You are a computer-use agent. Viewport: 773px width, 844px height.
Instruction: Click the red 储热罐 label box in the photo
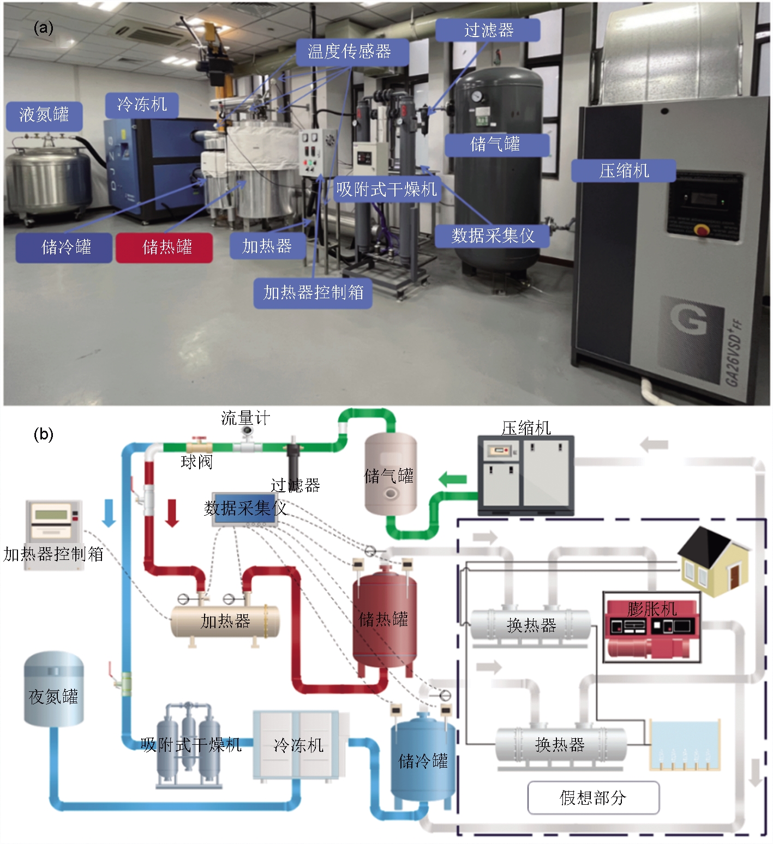coord(164,248)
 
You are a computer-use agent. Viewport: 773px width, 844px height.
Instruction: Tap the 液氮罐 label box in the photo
coord(44,116)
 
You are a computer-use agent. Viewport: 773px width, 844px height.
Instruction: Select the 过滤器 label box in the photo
coord(488,31)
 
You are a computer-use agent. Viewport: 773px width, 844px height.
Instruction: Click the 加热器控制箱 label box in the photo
coord(313,293)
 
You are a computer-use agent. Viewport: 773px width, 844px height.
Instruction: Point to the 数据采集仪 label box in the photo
coord(492,236)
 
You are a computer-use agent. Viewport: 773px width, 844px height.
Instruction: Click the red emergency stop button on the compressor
coord(702,229)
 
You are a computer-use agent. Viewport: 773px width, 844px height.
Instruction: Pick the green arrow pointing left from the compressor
coord(453,480)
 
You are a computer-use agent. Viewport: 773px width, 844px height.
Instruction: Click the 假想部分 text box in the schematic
coord(593,798)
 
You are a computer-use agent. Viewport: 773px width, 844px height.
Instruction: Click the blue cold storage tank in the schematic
coord(423,761)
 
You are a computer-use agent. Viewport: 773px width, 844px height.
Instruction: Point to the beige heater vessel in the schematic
coord(225,621)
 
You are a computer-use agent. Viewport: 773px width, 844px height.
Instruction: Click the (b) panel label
coord(43,435)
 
